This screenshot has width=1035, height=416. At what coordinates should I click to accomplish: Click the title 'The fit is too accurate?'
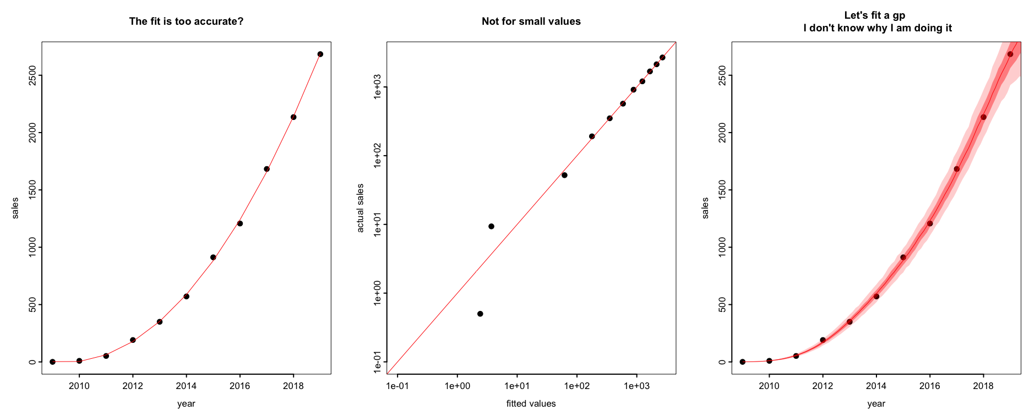pyautogui.click(x=186, y=21)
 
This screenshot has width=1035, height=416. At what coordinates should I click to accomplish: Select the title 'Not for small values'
pyautogui.click(x=531, y=21)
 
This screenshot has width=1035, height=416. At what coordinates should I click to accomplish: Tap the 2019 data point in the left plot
pyautogui.click(x=320, y=54)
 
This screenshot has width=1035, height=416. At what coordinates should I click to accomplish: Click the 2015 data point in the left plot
pyautogui.click(x=213, y=257)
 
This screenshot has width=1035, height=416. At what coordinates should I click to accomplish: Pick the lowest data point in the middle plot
pyautogui.click(x=480, y=314)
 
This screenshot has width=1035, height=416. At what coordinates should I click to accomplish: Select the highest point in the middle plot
pyautogui.click(x=662, y=57)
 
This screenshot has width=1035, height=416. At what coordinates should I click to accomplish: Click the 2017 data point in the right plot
pyautogui.click(x=957, y=169)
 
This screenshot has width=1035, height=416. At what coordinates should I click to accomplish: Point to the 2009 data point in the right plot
pyautogui.click(x=743, y=362)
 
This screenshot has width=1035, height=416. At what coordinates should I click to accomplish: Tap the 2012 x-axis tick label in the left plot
pyautogui.click(x=133, y=386)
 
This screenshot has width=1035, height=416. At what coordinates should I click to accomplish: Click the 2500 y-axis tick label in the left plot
pyautogui.click(x=32, y=75)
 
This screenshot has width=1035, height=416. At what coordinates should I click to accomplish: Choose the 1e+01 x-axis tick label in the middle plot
pyautogui.click(x=517, y=386)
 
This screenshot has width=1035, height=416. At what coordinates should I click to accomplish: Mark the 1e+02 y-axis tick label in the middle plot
pyautogui.click(x=378, y=156)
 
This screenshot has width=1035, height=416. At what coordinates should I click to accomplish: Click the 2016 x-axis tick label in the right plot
pyautogui.click(x=930, y=386)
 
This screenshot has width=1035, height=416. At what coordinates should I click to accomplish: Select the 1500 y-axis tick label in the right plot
pyautogui.click(x=722, y=190)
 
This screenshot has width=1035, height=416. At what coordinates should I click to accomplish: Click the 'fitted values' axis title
pyautogui.click(x=531, y=404)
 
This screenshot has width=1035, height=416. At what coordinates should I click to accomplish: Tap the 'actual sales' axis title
pyautogui.click(x=361, y=208)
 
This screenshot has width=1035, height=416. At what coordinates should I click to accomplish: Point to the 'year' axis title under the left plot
pyautogui.click(x=186, y=404)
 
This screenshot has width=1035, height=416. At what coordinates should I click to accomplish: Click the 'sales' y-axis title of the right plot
pyautogui.click(x=705, y=208)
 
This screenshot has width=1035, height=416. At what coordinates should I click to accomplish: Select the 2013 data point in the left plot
pyautogui.click(x=160, y=321)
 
